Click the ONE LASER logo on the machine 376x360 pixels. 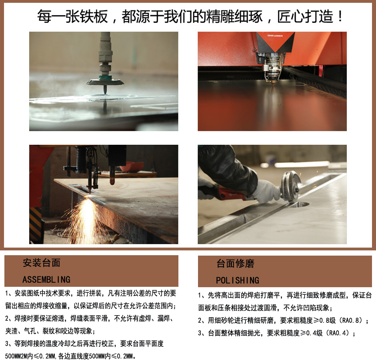275,36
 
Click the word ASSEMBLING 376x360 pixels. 46,280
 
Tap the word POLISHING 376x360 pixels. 237,280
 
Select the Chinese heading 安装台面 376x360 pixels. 42,263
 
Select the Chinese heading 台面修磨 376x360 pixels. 235,263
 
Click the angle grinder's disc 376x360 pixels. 291,186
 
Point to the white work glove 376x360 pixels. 266,191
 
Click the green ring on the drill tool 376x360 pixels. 105,78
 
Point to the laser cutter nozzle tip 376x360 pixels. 273,83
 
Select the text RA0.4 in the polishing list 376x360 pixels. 339,333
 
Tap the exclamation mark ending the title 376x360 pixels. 340,16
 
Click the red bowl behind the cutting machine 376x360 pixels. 132,166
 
